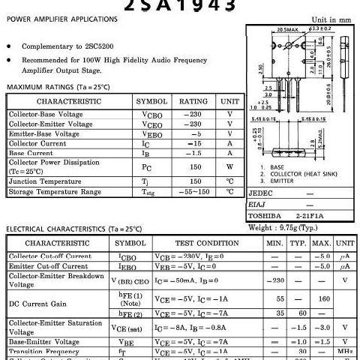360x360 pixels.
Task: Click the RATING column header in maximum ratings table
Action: point(193,101)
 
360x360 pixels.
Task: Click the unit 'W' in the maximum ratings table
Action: point(229,166)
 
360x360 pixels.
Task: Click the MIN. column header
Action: point(274,244)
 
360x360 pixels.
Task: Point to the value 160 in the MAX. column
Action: point(323,299)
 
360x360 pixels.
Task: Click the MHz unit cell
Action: point(345,352)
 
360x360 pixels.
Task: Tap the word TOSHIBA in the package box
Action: point(264,216)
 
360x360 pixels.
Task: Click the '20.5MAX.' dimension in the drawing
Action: point(268,29)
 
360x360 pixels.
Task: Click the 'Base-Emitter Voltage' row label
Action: point(44,342)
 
